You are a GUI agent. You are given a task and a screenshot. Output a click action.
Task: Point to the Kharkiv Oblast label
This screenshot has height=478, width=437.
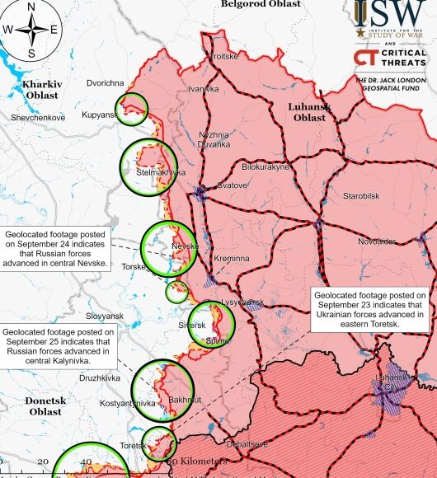(41, 90)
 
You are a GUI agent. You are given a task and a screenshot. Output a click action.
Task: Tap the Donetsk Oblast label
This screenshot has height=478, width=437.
(45, 405)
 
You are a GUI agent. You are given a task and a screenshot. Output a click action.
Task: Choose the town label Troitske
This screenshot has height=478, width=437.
(224, 56)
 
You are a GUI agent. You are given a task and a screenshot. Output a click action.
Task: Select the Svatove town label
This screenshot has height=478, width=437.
(232, 185)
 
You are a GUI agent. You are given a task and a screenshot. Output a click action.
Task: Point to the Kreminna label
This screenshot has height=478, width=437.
(231, 259)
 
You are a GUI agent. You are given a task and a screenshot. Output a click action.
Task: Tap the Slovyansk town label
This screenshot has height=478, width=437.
(104, 316)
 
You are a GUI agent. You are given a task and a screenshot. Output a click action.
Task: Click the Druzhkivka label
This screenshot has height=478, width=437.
(100, 378)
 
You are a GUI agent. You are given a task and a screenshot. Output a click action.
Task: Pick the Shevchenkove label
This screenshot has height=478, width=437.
(38, 118)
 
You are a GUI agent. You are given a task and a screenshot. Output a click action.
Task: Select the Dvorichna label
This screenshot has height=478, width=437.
(105, 83)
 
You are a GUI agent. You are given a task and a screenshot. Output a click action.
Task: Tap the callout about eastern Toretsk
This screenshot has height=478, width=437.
(369, 310)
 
